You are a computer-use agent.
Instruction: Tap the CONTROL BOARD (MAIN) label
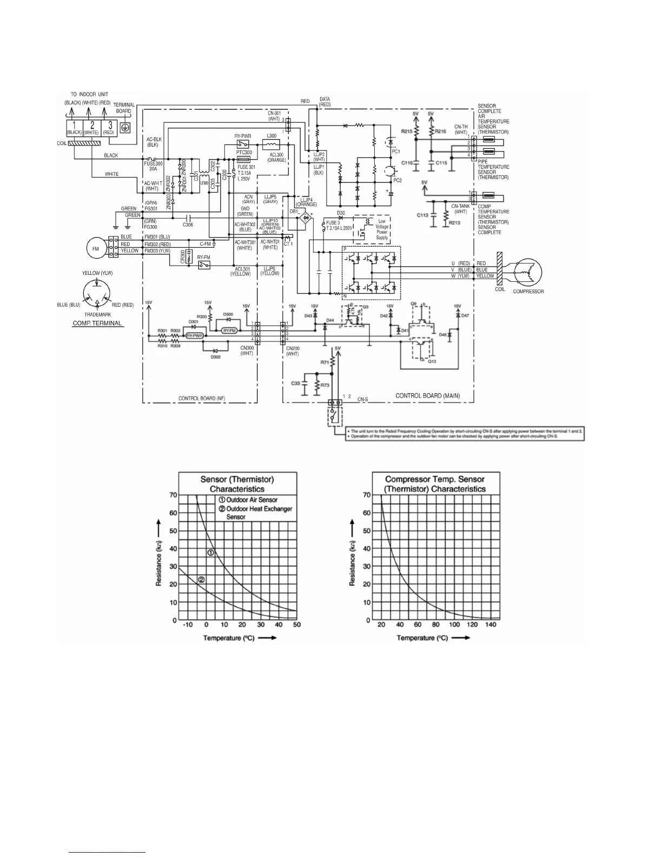click(427, 395)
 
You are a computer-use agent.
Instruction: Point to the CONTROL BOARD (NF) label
click(202, 398)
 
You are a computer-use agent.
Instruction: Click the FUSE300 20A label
click(153, 166)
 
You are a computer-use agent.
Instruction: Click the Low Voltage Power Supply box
click(382, 229)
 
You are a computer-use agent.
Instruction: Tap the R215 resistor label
click(407, 131)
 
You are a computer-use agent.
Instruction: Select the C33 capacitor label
click(296, 383)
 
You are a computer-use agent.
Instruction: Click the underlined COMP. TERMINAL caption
click(97, 323)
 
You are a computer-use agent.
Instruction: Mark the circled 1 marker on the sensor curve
click(211, 552)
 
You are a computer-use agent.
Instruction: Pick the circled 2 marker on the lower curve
click(201, 580)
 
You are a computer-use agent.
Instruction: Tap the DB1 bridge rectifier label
click(294, 211)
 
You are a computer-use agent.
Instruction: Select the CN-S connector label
click(362, 399)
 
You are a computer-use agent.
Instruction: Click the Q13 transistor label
click(432, 361)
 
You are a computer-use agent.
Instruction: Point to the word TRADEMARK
click(97, 314)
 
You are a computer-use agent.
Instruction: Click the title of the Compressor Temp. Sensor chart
click(435, 484)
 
